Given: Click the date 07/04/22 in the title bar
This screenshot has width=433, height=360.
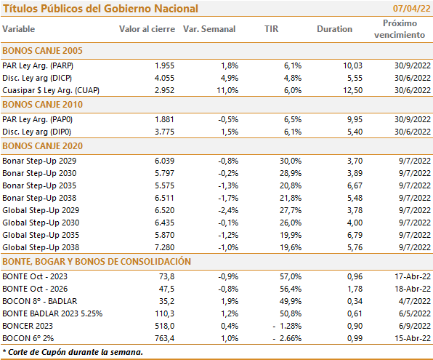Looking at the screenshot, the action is click(x=411, y=8).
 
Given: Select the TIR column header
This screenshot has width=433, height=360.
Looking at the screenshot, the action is click(x=272, y=29).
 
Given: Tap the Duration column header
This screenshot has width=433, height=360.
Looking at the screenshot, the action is click(x=334, y=29).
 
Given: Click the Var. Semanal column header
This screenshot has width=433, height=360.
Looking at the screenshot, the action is click(x=209, y=29).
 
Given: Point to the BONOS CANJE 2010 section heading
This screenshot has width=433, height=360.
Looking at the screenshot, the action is click(x=43, y=105).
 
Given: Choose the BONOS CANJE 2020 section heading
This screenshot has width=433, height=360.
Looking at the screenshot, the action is click(x=43, y=146).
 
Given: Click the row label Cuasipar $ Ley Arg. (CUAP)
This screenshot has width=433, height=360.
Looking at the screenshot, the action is click(x=51, y=90).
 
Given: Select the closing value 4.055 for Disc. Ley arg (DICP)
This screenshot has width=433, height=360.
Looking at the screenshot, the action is click(x=164, y=78).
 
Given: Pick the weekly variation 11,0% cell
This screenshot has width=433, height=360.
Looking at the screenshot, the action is click(x=227, y=90).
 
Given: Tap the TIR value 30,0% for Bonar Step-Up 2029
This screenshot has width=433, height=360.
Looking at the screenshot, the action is click(x=291, y=161).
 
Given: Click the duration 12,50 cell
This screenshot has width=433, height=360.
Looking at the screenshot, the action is click(x=352, y=90).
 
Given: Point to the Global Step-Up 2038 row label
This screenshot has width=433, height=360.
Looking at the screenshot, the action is click(x=41, y=247).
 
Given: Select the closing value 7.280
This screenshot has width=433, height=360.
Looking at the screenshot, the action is click(x=164, y=247).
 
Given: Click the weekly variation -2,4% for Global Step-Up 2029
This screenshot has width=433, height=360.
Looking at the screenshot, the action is click(x=228, y=210).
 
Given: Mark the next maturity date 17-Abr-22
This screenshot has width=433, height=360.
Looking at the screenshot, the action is click(x=413, y=276).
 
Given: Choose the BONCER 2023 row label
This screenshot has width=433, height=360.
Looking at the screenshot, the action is click(x=28, y=326).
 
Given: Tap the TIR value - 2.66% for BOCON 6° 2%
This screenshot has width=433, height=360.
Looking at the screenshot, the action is click(x=287, y=338).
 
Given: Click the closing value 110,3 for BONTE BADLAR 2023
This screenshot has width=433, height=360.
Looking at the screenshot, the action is click(x=165, y=313).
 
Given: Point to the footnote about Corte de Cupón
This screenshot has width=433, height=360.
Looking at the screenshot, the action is click(x=73, y=352).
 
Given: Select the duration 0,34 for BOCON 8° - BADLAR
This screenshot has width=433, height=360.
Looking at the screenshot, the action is click(x=355, y=301).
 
